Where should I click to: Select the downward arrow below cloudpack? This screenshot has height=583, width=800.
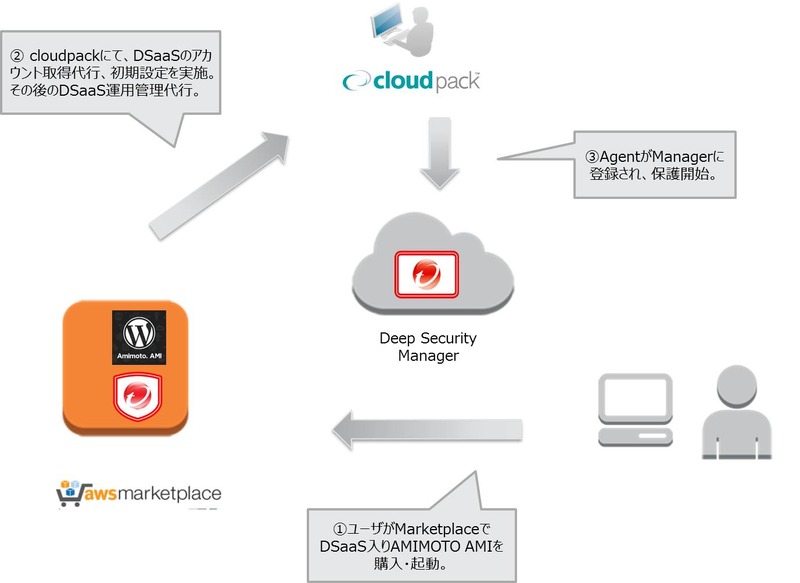coord(439,154)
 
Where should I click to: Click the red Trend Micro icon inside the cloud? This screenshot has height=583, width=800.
coord(427,273)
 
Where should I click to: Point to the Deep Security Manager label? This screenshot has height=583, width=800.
coord(429,347)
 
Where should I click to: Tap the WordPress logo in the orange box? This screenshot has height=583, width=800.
coord(138,330)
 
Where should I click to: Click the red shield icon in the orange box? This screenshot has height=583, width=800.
coord(138,395)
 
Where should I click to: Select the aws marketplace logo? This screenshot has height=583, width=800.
coord(140,492)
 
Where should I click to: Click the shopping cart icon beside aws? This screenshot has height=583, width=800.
coord(69,491)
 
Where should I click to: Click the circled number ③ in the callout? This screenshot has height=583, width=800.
coord(590,156)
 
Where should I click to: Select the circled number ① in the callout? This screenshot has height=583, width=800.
coord(339,528)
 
